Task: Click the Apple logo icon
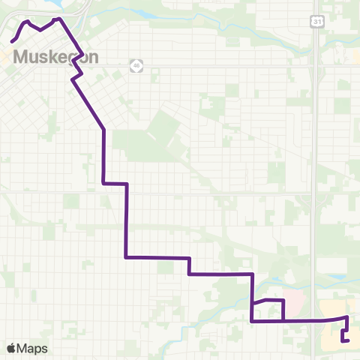point(12,348)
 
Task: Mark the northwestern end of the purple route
point(12,40)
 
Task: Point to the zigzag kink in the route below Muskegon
point(76,78)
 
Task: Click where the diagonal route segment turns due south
point(103,130)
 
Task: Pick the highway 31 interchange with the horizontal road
point(316,65)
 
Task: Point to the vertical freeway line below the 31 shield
point(316,150)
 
